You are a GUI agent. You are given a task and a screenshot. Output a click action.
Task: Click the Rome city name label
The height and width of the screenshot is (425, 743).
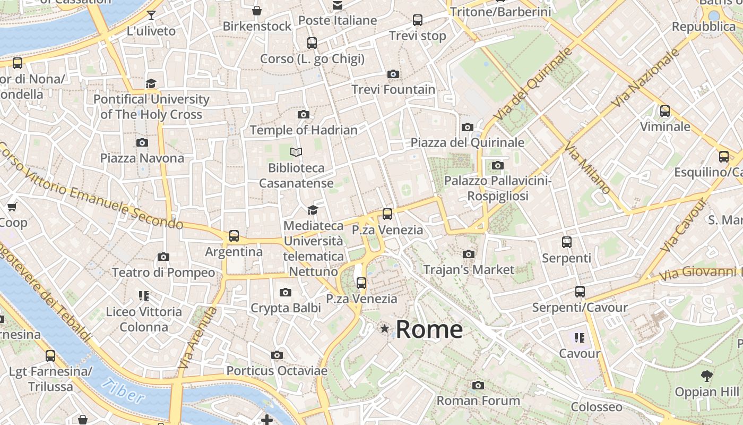click(x=429, y=329)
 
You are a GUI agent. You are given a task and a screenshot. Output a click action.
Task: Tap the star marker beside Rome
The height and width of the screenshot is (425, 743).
click(x=385, y=329)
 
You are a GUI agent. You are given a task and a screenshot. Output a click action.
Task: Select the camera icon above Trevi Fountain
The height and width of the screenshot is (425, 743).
click(x=393, y=74)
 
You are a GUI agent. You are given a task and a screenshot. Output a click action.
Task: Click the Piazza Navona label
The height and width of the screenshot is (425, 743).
click(x=142, y=158)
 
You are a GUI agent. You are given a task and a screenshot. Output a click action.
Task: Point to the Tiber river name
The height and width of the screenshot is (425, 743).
click(x=122, y=392)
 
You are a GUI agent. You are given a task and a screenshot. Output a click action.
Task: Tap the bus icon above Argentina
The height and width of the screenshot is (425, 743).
click(x=234, y=236)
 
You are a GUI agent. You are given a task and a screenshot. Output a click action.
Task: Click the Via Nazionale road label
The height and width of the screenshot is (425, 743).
click(x=646, y=78)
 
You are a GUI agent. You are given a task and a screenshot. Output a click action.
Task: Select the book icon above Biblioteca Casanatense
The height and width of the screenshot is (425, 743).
click(x=296, y=152)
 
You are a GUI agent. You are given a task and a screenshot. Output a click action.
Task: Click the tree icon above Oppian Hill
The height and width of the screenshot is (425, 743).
click(x=706, y=376)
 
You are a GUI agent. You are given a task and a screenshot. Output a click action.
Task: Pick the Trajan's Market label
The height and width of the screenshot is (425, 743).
click(x=469, y=270)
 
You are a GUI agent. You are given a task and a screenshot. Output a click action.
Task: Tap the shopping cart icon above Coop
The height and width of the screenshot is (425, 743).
click(x=12, y=207)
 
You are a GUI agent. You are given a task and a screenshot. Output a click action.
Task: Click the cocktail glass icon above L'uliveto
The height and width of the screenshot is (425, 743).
click(x=151, y=15)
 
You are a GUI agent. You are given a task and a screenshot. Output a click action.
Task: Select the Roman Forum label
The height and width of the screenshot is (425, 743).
click(x=478, y=401)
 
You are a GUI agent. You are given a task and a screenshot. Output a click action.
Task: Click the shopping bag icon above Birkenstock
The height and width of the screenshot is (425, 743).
click(x=257, y=11)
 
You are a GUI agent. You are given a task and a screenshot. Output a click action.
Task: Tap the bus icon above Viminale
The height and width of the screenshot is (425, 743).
click(x=665, y=111)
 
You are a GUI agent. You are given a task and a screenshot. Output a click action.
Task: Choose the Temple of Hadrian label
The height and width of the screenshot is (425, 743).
click(x=304, y=130)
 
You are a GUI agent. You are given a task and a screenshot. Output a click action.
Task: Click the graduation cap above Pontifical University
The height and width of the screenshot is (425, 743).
click(x=151, y=83)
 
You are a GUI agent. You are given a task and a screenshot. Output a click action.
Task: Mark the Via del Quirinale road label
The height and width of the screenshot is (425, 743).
click(x=533, y=83)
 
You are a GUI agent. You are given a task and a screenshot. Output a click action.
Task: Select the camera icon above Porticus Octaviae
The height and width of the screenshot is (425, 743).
click(x=277, y=355)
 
